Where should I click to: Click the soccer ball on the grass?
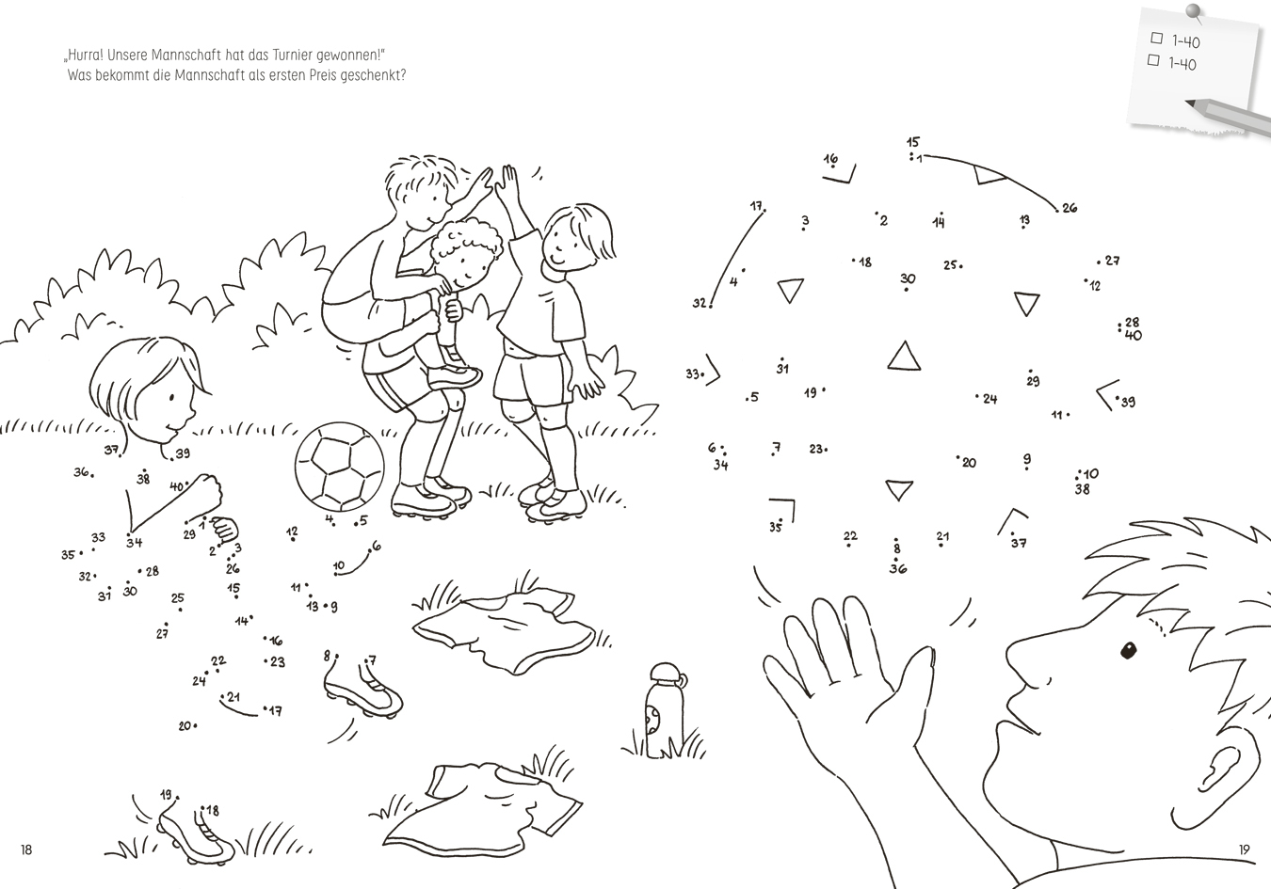[x=339, y=467]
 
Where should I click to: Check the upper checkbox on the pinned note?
[x=1156, y=38]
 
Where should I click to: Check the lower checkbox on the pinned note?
[x=1153, y=60]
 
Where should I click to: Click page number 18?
[x=26, y=849]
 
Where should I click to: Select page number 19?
[x=1245, y=849]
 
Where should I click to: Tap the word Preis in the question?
[x=323, y=75]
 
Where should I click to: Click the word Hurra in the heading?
[x=85, y=56]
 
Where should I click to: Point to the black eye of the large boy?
[x=1129, y=650]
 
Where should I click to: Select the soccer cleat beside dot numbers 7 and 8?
[x=363, y=689]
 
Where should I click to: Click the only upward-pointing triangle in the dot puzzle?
[x=904, y=356]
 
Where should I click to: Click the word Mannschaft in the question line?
[x=209, y=75]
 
